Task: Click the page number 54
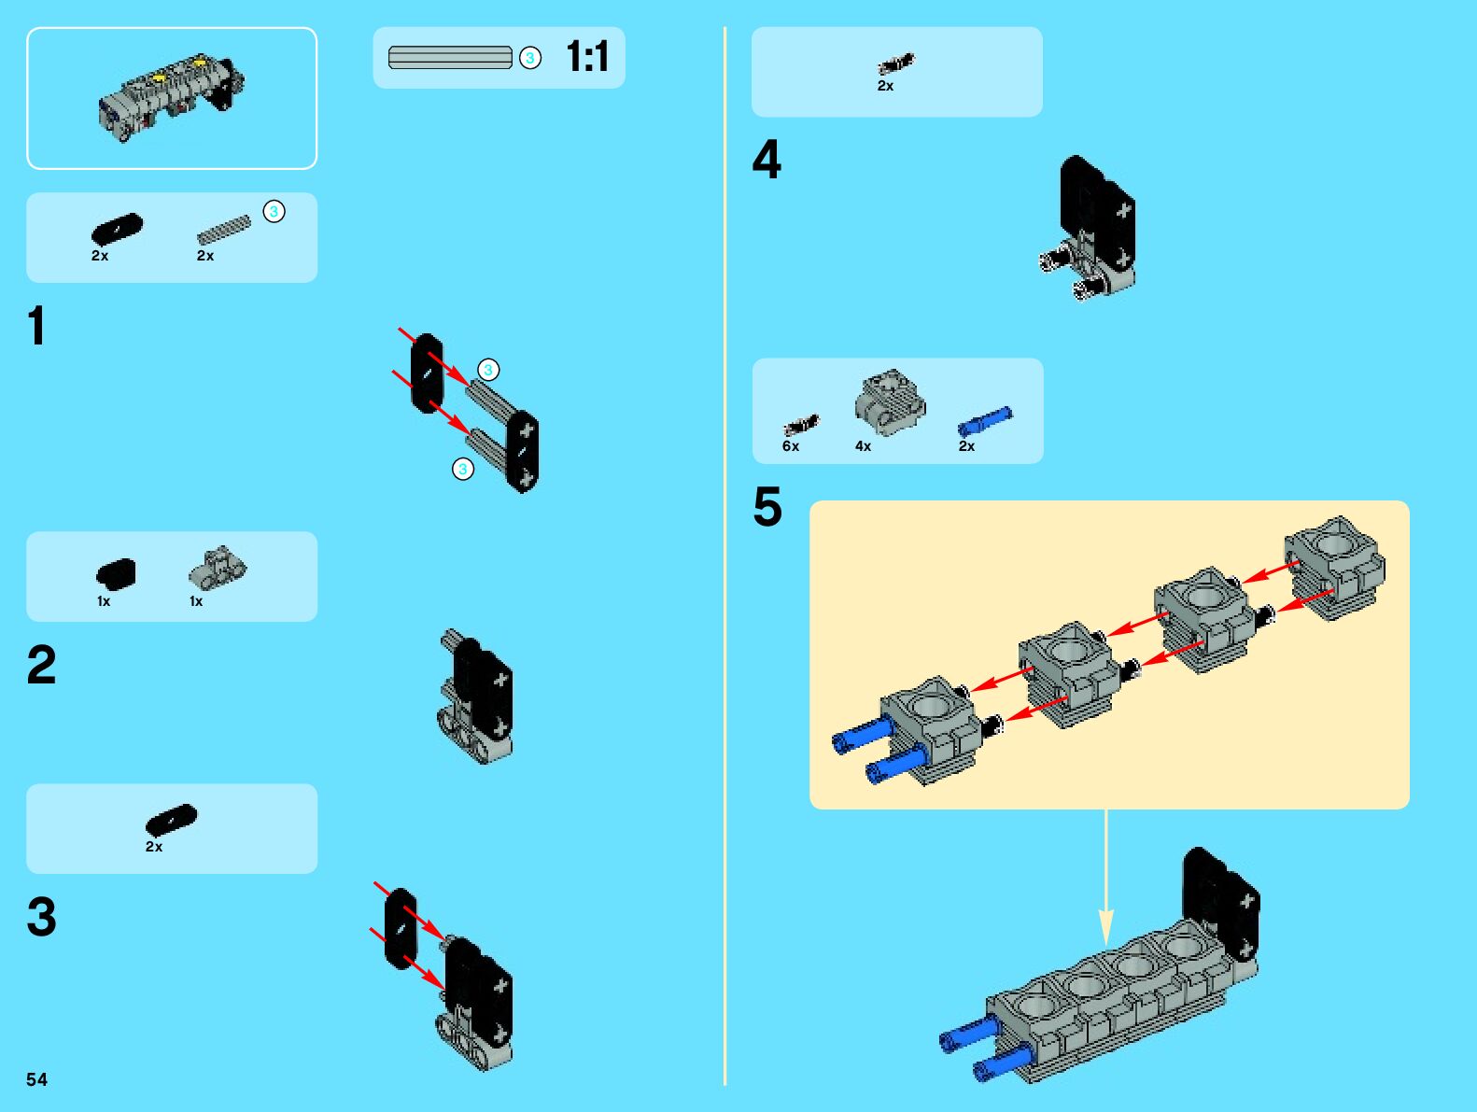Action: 36,1079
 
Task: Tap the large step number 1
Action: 36,327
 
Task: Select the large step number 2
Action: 41,666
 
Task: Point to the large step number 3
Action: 41,917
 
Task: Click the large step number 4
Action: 767,160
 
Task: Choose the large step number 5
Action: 767,508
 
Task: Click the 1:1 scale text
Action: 587,57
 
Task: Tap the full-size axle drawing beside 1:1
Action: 450,58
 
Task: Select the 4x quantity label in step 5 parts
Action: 863,446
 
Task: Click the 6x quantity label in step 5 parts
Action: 791,446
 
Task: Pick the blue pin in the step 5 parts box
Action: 985,422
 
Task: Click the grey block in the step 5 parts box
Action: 890,401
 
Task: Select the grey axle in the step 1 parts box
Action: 224,231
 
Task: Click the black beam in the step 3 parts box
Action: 172,819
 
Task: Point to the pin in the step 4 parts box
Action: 896,63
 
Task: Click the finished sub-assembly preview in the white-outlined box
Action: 172,98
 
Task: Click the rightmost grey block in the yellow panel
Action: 1335,565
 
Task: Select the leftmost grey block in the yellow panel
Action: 931,728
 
